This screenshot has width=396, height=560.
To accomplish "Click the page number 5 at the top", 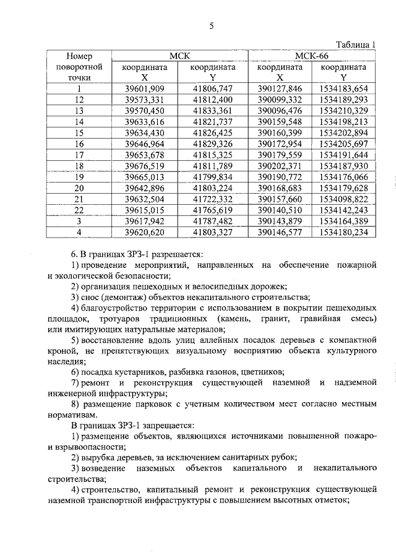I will click(x=211, y=25).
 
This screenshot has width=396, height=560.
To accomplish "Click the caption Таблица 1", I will click(x=356, y=44).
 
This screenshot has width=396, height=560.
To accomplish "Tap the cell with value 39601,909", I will click(x=144, y=88).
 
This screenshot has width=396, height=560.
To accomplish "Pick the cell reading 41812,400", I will click(x=212, y=100).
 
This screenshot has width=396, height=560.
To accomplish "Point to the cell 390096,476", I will click(x=280, y=110).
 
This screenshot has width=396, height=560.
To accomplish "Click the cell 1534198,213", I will click(x=345, y=121).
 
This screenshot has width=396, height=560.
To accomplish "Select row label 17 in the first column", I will click(x=79, y=155).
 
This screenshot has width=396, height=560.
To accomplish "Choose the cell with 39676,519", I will click(x=144, y=166).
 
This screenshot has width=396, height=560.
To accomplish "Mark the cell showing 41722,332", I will click(x=212, y=199).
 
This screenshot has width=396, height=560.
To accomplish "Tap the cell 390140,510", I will click(x=280, y=210).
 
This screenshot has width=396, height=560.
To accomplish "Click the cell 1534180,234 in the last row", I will click(x=345, y=232).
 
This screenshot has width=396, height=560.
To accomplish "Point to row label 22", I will click(x=79, y=210).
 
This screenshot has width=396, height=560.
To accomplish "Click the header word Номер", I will click(x=79, y=56).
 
